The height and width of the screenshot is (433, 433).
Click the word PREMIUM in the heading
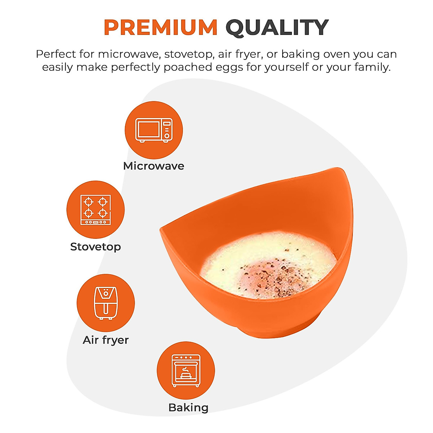[x=161, y=27]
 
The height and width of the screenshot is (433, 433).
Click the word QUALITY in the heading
[x=277, y=27]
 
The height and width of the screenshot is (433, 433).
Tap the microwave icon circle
[x=154, y=130]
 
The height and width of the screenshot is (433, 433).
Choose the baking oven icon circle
[x=186, y=371]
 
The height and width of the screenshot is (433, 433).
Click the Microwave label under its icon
[x=154, y=166]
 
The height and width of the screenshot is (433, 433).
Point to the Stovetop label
[x=96, y=247]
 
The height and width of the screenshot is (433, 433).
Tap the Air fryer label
[x=106, y=340]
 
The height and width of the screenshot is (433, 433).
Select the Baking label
[x=188, y=408]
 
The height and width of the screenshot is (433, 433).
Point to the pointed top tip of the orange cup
[x=339, y=170]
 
